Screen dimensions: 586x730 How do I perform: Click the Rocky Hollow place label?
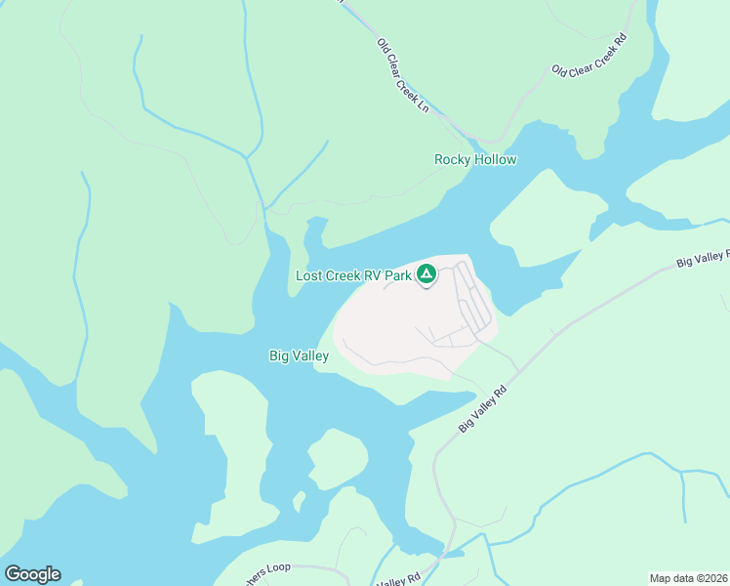475,159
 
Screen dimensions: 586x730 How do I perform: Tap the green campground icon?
426,274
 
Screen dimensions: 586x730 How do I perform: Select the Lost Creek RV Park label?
353,276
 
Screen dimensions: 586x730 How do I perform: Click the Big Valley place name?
299,356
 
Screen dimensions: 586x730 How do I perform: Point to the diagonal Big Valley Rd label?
484,408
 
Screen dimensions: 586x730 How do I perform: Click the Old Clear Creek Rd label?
588,57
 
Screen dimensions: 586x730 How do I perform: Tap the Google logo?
32,574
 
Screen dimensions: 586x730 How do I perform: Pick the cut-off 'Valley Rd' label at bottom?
398,578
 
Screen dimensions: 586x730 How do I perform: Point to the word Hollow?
495,159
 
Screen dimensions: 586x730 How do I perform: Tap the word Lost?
309,276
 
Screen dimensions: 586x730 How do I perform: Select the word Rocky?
453,159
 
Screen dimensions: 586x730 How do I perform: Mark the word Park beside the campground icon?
397,276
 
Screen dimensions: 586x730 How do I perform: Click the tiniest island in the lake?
300,502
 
